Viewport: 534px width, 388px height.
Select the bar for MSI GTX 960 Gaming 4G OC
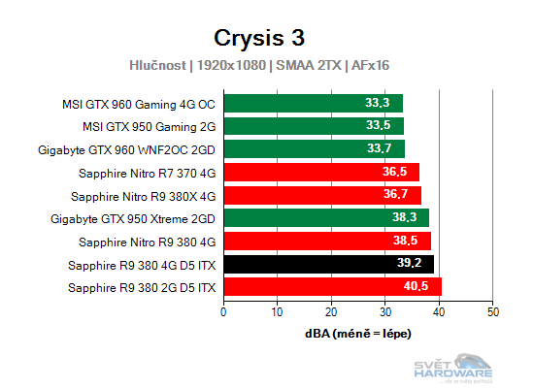(313, 103)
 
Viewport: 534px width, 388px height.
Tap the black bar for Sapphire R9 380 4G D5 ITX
(328, 264)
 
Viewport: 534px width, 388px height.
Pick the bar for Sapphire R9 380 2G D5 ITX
(332, 287)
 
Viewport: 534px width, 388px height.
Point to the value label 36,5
(394, 173)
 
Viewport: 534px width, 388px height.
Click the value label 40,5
(416, 287)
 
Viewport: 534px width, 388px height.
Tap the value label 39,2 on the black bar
(408, 264)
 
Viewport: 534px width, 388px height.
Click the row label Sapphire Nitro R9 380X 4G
(147, 195)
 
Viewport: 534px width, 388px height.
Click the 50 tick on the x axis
(493, 311)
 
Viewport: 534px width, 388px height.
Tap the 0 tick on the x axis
(224, 311)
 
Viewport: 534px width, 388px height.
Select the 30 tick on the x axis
(385, 311)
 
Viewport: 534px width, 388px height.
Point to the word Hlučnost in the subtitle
(159, 66)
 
